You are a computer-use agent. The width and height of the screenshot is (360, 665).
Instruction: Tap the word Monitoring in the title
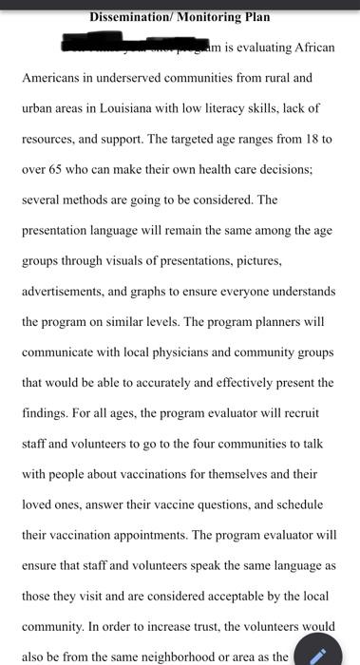click(x=209, y=17)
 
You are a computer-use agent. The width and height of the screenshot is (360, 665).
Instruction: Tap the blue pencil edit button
click(x=318, y=654)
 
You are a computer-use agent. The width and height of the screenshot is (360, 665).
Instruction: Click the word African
click(x=310, y=48)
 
